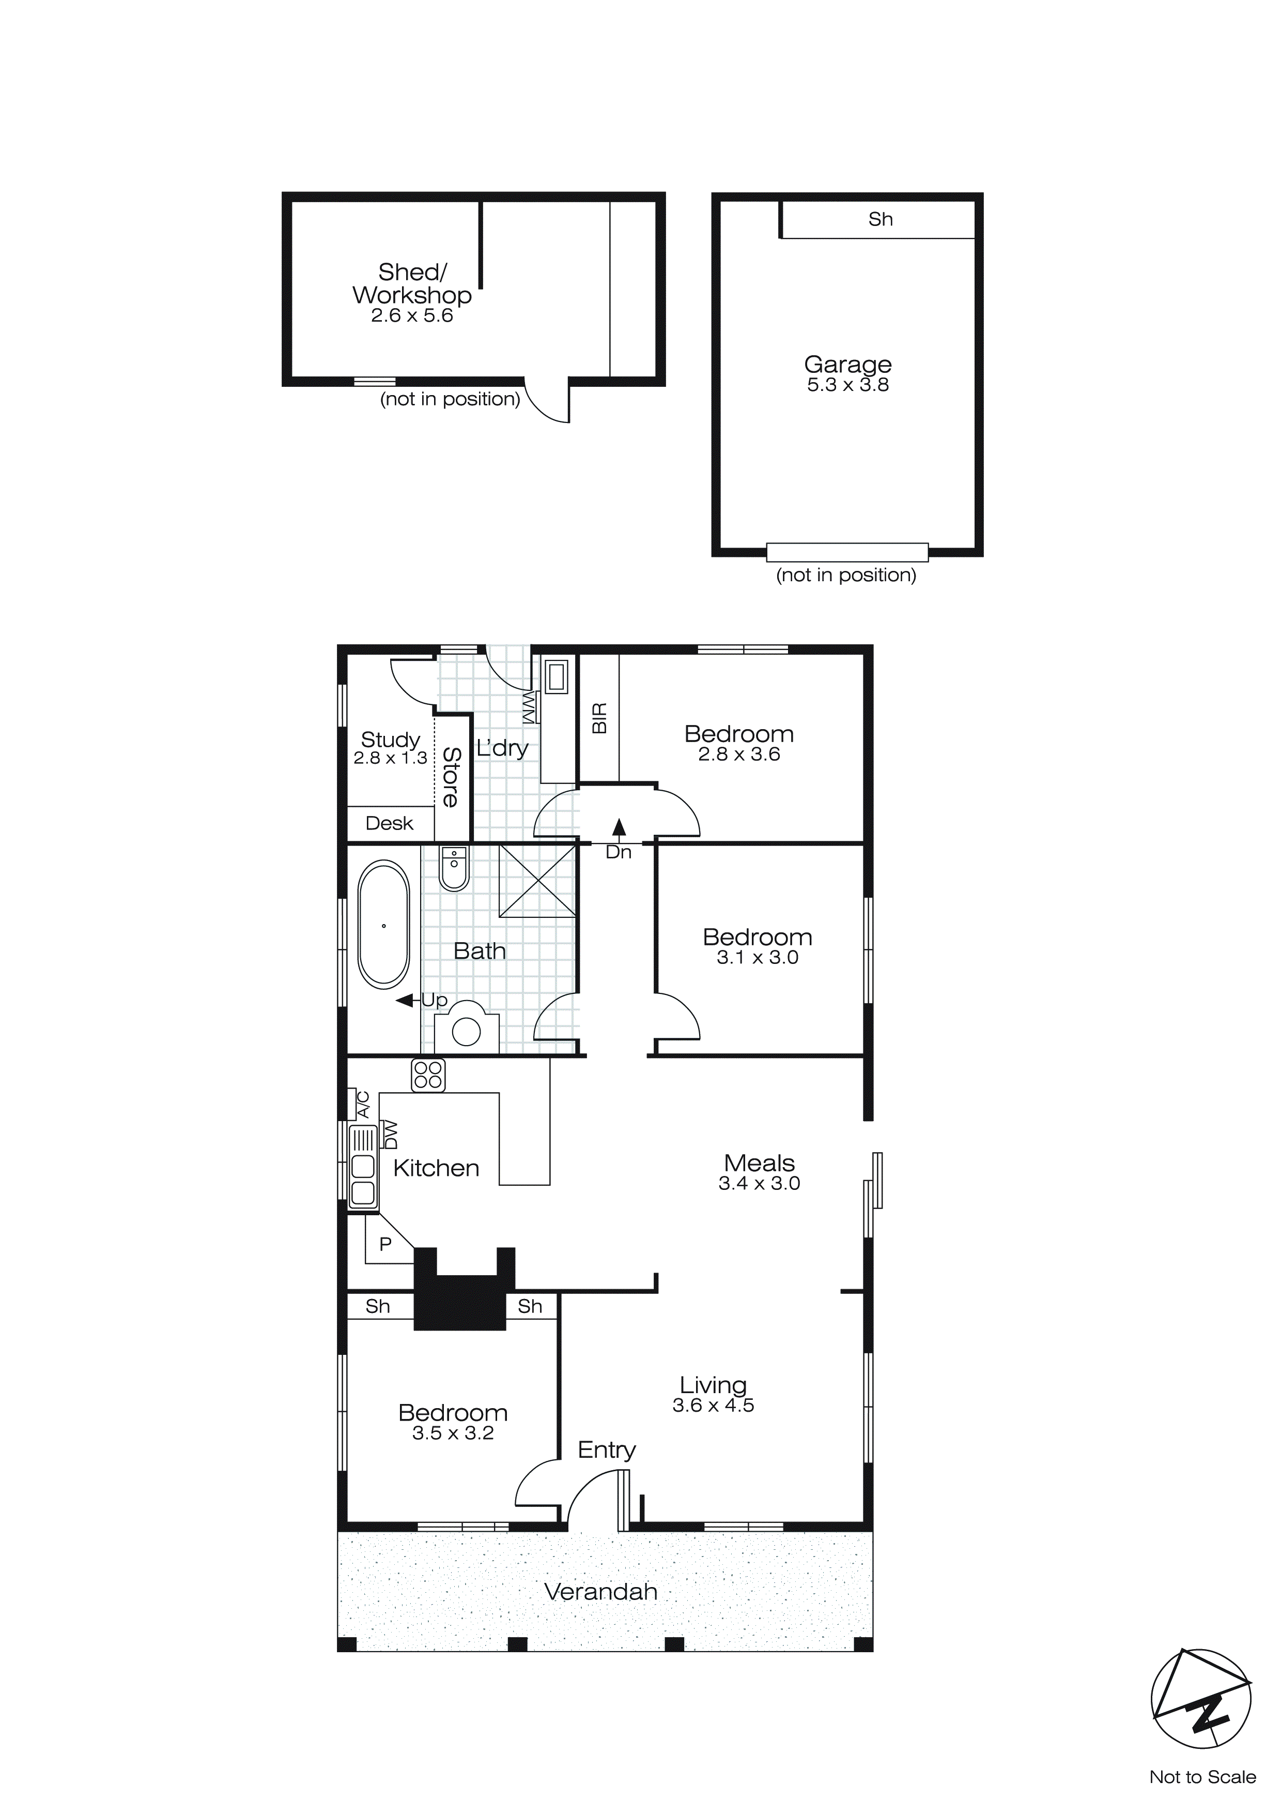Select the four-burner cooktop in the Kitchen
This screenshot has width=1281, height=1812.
coord(428,1075)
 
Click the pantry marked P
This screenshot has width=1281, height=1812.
coord(385,1245)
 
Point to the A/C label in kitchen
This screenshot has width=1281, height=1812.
coord(363,1104)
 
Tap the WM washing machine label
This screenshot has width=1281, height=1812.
coord(529,706)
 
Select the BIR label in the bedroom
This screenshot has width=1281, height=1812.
coord(599,718)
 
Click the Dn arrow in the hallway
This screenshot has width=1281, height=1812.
coord(619,828)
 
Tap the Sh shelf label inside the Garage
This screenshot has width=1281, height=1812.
coord(881,219)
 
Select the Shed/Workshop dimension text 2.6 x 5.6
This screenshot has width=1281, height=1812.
coord(412,315)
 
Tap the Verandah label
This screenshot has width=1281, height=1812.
coord(600,1592)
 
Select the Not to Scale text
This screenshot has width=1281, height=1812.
coord(1202,1777)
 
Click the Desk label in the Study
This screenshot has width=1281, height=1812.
coord(390,823)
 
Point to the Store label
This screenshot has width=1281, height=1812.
coord(451,777)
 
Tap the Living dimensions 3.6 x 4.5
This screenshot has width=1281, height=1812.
coord(713,1406)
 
